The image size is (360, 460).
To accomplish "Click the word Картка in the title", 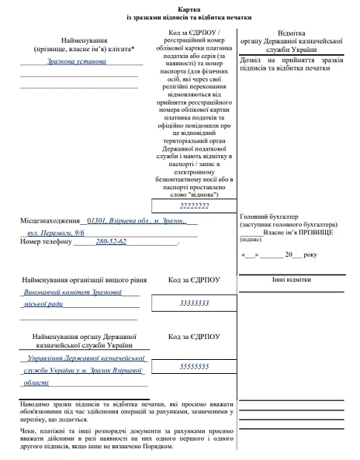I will pyautogui.click(x=180, y=6).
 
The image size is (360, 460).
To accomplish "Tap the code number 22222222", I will pyautogui.click(x=193, y=206).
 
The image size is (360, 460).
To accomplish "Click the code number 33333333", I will pyautogui.click(x=193, y=303).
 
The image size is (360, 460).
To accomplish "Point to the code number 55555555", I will pyautogui.click(x=193, y=365).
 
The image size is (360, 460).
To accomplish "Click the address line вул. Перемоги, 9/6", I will pyautogui.click(x=55, y=232).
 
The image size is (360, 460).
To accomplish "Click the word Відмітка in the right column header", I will pyautogui.click(x=291, y=35).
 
